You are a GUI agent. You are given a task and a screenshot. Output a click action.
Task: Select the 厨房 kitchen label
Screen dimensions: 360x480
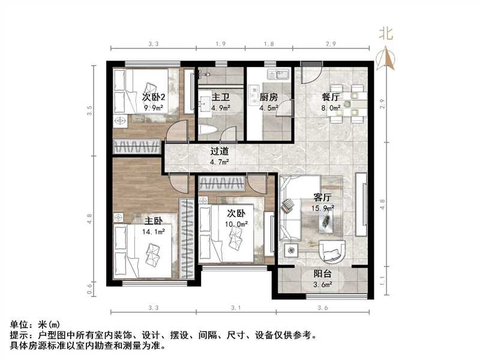pyautogui.click(x=268, y=96)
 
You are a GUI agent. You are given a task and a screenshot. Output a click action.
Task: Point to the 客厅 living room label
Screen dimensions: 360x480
pyautogui.click(x=323, y=196)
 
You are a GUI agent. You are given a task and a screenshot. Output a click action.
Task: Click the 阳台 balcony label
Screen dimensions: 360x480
pyautogui.click(x=323, y=274)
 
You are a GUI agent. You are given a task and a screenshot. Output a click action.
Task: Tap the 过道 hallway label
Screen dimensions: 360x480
pyautogui.click(x=218, y=151)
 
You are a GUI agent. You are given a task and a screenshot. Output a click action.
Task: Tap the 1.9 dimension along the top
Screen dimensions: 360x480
pyautogui.click(x=220, y=44)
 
